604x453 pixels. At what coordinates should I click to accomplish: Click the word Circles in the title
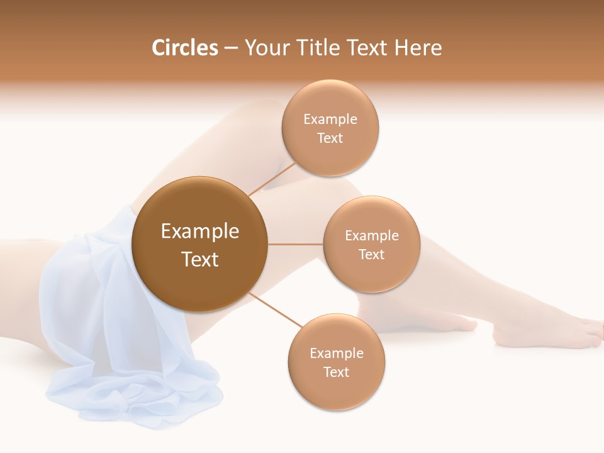tap(184, 48)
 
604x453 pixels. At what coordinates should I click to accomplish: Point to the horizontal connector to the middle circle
tap(296, 244)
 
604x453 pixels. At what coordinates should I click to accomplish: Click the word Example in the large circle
tap(199, 232)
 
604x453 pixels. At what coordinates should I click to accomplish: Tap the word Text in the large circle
tap(199, 259)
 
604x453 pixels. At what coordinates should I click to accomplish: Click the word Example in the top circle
tap(330, 119)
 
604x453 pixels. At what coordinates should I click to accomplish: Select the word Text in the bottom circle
tap(336, 372)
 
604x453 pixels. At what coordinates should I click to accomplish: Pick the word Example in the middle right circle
tap(371, 235)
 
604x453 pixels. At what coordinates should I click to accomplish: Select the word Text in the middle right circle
tap(371, 254)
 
